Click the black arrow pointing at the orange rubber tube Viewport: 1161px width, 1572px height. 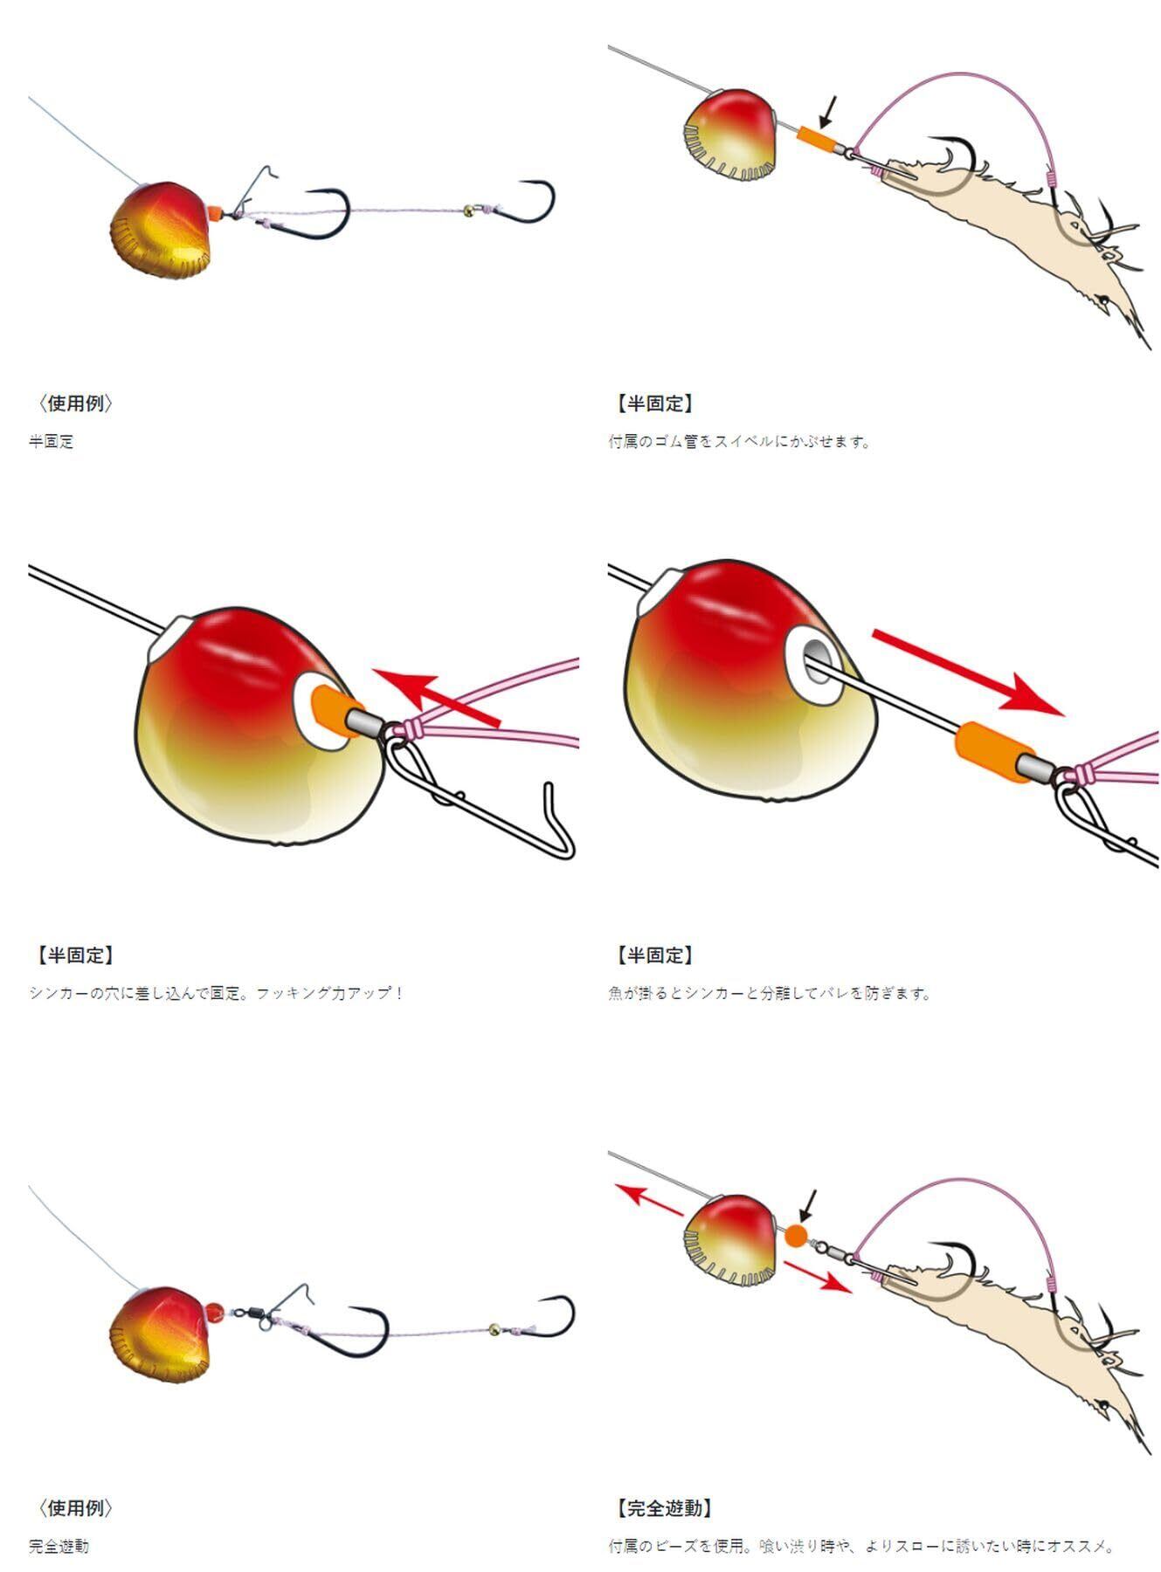(x=826, y=111)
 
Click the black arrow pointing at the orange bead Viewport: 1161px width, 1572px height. (x=807, y=1206)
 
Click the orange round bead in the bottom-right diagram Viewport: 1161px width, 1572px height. (x=795, y=1235)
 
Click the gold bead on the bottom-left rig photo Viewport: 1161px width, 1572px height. (x=494, y=1328)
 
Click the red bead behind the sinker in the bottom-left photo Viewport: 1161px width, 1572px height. (x=214, y=1309)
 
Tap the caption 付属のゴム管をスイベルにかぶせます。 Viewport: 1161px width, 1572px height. (x=740, y=442)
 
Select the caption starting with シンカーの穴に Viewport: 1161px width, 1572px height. (x=216, y=993)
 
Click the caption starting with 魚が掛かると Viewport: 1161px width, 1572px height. (x=770, y=993)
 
